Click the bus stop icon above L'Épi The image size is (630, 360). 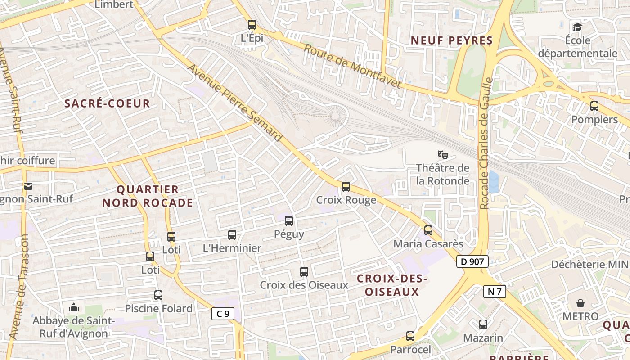pyautogui.click(x=252, y=25)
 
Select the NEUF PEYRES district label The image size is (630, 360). pyautogui.click(x=452, y=40)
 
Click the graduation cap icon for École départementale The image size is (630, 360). pyautogui.click(x=577, y=27)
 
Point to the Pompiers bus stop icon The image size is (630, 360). pyautogui.click(x=594, y=106)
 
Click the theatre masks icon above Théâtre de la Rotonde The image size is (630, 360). pyautogui.click(x=443, y=155)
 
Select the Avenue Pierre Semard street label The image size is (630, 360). pyautogui.click(x=234, y=103)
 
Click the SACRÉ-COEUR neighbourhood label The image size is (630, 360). pyautogui.click(x=107, y=103)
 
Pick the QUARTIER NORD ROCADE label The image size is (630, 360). pyautogui.click(x=148, y=196)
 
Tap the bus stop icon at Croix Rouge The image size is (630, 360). pyautogui.click(x=346, y=186)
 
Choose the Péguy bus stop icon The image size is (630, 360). pyautogui.click(x=289, y=221)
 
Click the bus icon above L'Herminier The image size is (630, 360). pyautogui.click(x=232, y=234)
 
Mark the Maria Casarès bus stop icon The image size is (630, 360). pyautogui.click(x=428, y=230)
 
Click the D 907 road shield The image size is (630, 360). pyautogui.click(x=472, y=261)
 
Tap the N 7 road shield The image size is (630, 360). pyautogui.click(x=495, y=292)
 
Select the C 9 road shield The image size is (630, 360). pyautogui.click(x=223, y=314)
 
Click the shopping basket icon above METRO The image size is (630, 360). pyautogui.click(x=580, y=303)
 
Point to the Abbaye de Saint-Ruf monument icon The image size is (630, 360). pyautogui.click(x=74, y=308)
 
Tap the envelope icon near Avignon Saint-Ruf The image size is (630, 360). pyautogui.click(x=28, y=186)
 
